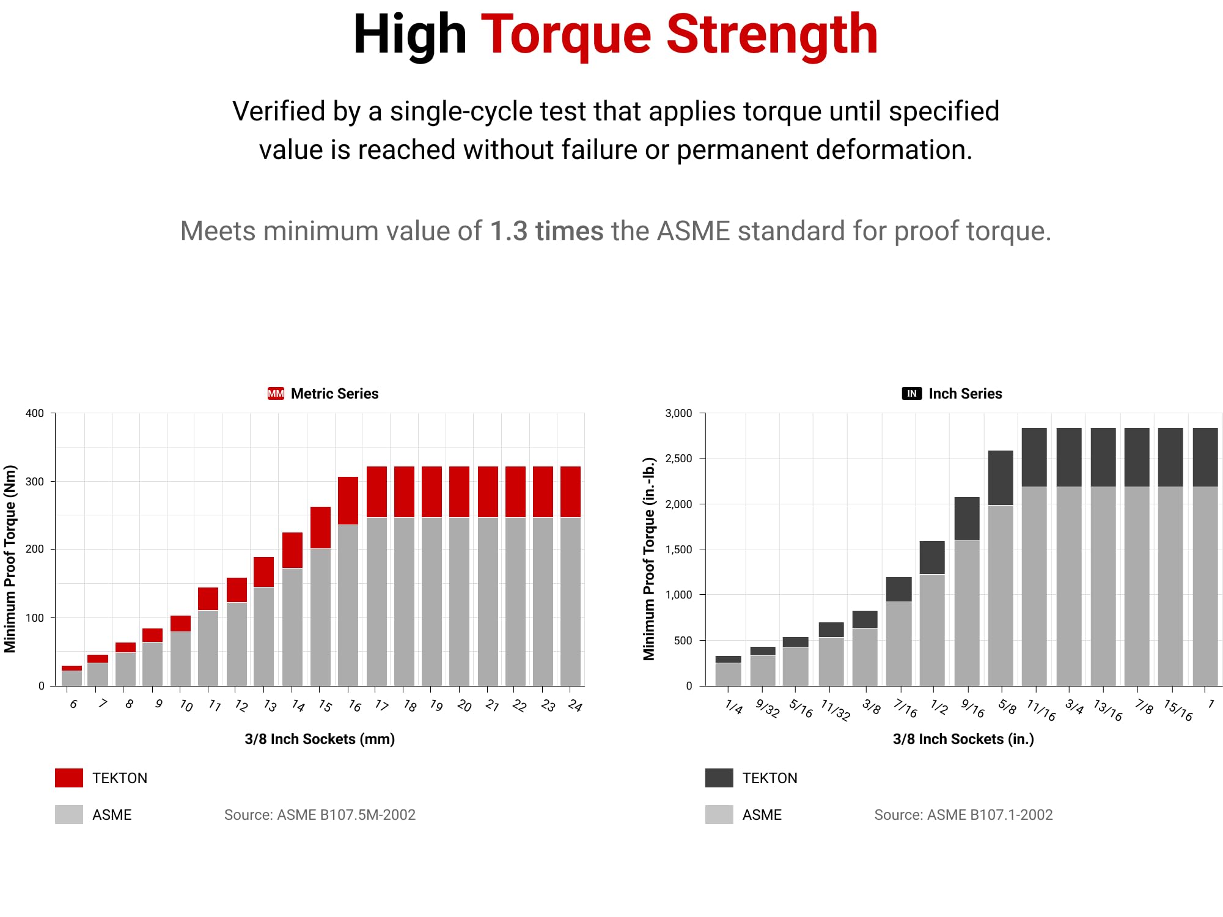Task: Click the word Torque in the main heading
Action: pyautogui.click(x=566, y=35)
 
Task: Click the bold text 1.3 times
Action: pyautogui.click(x=546, y=232)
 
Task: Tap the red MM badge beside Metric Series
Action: pyautogui.click(x=276, y=394)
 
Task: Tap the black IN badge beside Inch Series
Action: pyautogui.click(x=911, y=394)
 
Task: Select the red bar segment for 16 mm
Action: pyautogui.click(x=348, y=501)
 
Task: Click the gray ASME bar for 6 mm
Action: pyautogui.click(x=72, y=678)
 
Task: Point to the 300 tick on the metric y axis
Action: pyautogui.click(x=35, y=481)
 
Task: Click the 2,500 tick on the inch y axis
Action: pyautogui.click(x=678, y=458)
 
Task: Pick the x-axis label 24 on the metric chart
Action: pyautogui.click(x=575, y=705)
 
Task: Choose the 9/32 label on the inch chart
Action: pyautogui.click(x=767, y=708)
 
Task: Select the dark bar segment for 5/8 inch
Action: pyautogui.click(x=1001, y=477)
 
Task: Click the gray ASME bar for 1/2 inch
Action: pyautogui.click(x=932, y=630)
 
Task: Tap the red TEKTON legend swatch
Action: pyautogui.click(x=69, y=778)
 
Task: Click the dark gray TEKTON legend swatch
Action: pyautogui.click(x=719, y=778)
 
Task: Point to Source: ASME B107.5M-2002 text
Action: pyautogui.click(x=320, y=815)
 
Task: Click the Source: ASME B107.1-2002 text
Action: pyautogui.click(x=963, y=815)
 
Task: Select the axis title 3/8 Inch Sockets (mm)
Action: pyautogui.click(x=320, y=739)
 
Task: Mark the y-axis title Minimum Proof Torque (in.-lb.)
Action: pyautogui.click(x=648, y=559)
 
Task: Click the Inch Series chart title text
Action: pyautogui.click(x=965, y=394)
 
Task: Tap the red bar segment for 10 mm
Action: pyautogui.click(x=180, y=624)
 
